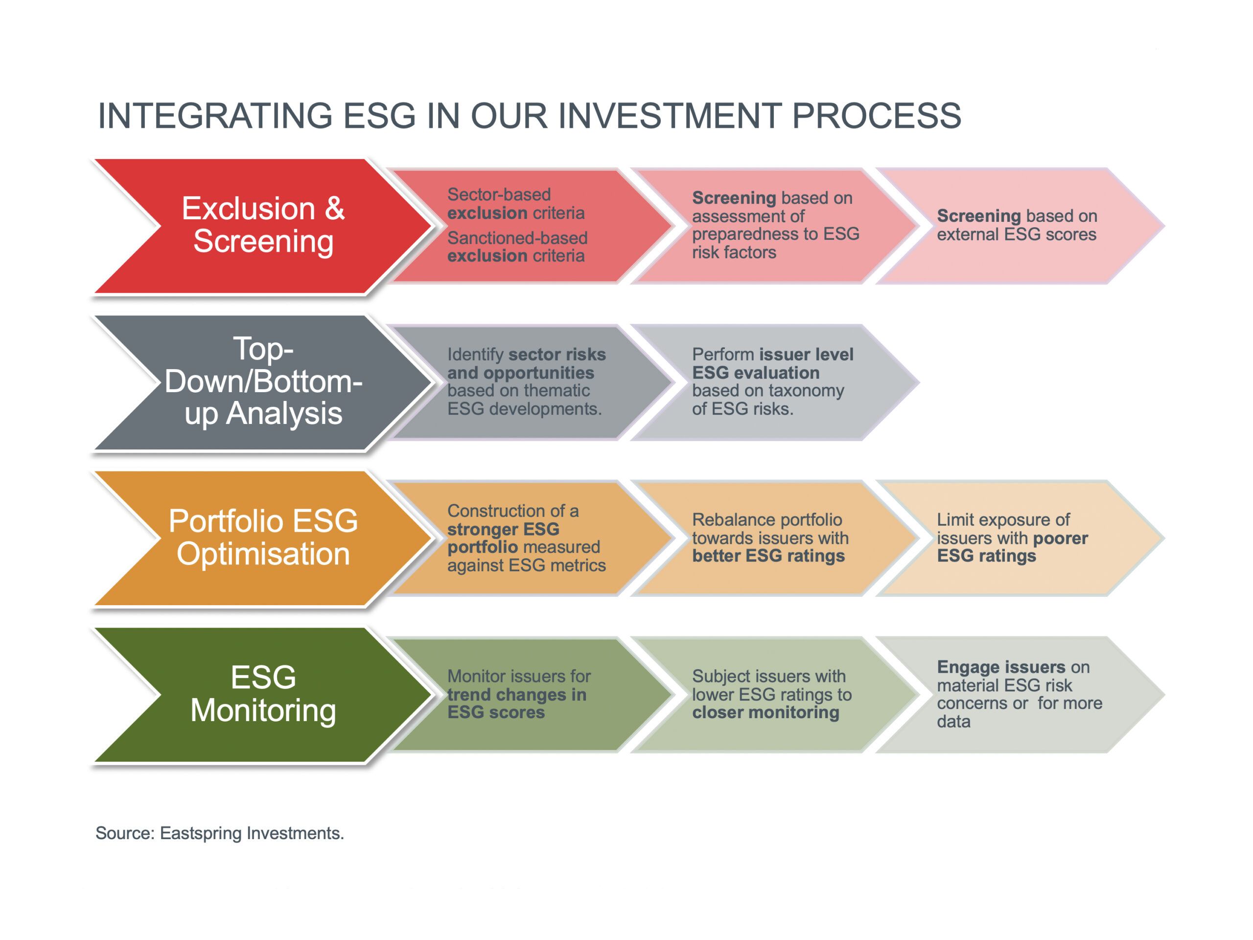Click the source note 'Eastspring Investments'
point(252,833)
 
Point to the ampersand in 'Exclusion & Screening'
point(334,209)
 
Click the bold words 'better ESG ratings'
point(768,556)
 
